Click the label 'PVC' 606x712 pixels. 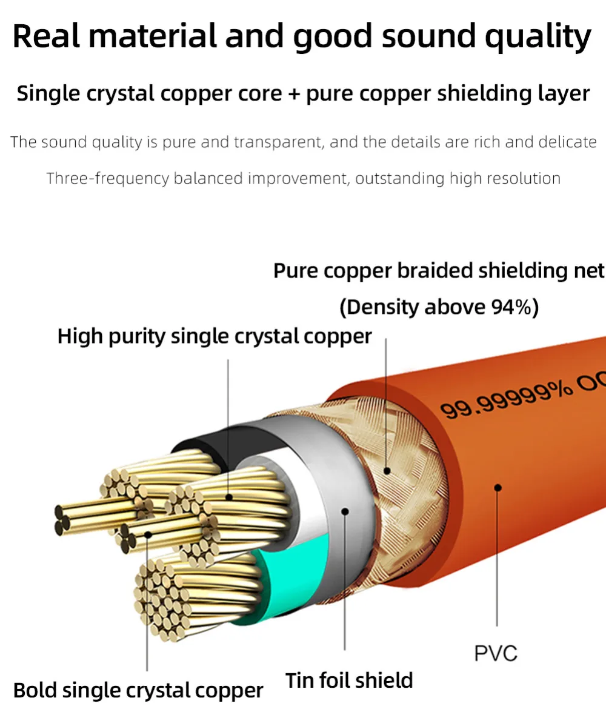coord(496,653)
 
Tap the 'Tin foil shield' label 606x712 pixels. coord(349,680)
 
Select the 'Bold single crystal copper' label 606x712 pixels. coord(138,690)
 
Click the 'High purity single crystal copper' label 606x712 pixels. coord(215,336)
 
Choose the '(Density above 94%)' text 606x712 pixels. coord(439,307)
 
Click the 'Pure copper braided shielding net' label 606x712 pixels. coord(439,271)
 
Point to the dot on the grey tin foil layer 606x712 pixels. coord(345,511)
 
